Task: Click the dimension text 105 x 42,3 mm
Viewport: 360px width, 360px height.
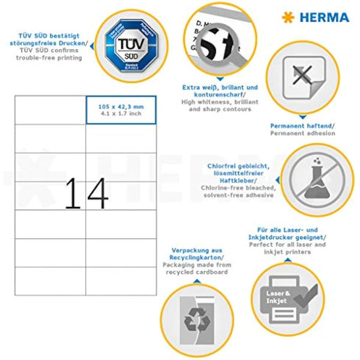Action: point(120,106)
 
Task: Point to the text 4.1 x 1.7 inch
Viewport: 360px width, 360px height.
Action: point(120,113)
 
